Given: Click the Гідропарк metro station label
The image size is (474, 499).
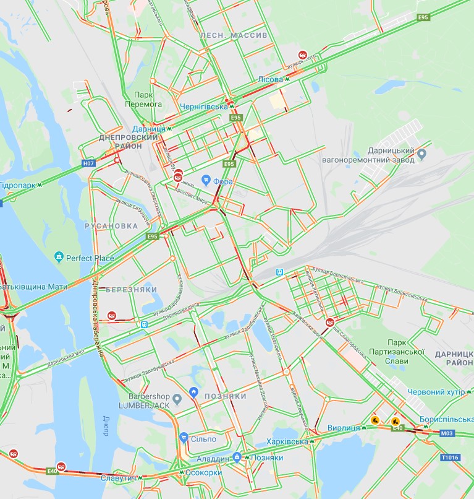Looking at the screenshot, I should pyautogui.click(x=19, y=185).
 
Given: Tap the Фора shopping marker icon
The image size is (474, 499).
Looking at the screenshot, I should pyautogui.click(x=206, y=180).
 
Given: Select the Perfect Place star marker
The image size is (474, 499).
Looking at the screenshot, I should pyautogui.click(x=59, y=256).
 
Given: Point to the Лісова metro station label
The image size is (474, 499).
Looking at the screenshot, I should pyautogui.click(x=270, y=80).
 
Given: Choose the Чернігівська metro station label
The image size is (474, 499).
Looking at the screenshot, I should pyautogui.click(x=204, y=107).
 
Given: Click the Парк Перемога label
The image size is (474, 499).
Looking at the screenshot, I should pyautogui.click(x=148, y=100).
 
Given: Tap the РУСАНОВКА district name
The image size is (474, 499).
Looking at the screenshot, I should pyautogui.click(x=111, y=226).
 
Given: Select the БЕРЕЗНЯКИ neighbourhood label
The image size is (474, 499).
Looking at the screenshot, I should pyautogui.click(x=131, y=290).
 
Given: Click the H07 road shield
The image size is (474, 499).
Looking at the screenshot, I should pyautogui.click(x=89, y=164).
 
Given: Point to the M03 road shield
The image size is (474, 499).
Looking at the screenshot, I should pyautogui.click(x=447, y=433).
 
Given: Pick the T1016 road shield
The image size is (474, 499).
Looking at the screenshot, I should pyautogui.click(x=450, y=458).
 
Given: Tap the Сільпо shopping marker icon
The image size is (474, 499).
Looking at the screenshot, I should pyautogui.click(x=183, y=438).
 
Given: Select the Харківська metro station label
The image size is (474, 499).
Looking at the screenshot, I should pyautogui.click(x=286, y=441).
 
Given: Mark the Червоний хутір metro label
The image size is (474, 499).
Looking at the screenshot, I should pyautogui.click(x=436, y=392).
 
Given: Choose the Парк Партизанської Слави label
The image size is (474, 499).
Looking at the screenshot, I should pyautogui.click(x=405, y=347).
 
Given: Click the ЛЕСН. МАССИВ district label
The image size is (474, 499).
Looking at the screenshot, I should pyautogui.click(x=234, y=35).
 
